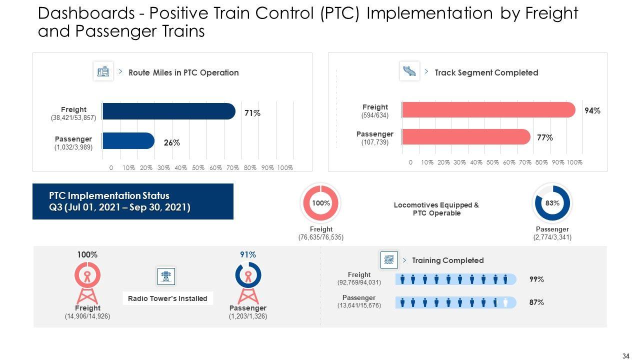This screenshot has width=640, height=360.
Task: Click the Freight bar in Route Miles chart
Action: click(x=168, y=111)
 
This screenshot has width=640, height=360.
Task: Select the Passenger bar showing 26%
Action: click(x=128, y=141)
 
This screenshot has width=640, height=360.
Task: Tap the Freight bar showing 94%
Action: click(x=488, y=109)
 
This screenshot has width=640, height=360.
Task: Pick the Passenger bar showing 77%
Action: click(x=466, y=136)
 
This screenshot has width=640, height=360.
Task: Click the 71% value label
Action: click(x=252, y=113)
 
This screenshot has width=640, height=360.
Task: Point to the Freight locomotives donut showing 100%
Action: click(x=320, y=203)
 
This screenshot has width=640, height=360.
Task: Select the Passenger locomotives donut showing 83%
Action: click(x=552, y=203)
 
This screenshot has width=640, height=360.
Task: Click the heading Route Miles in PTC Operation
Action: click(x=183, y=72)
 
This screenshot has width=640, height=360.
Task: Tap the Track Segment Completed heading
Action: click(x=486, y=72)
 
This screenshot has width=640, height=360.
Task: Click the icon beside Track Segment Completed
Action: click(x=409, y=71)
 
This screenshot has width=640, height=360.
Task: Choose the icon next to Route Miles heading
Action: click(x=103, y=71)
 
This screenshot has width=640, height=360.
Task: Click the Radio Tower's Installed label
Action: click(x=167, y=298)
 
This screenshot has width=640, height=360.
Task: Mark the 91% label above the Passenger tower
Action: click(x=248, y=255)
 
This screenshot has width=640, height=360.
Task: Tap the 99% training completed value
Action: click(x=536, y=279)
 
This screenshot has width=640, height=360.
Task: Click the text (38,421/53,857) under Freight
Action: click(x=73, y=118)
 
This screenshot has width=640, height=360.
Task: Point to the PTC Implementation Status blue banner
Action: click(x=133, y=201)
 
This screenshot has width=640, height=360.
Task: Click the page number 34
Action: click(x=625, y=356)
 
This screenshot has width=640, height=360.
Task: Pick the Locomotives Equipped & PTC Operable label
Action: click(x=436, y=209)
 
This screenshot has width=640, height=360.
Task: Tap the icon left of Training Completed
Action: click(x=389, y=260)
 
